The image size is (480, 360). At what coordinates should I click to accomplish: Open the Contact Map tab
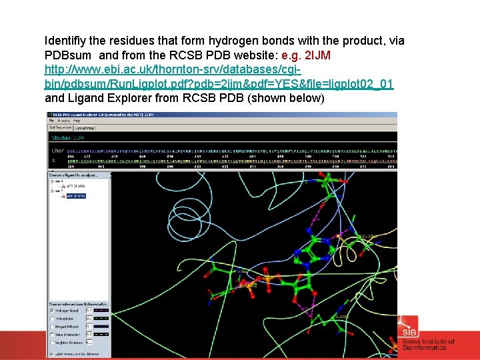tap(84, 127)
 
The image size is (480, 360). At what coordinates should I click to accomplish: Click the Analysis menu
tap(63, 121)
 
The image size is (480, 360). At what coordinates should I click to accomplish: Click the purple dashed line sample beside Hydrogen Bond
tap(103, 311)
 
